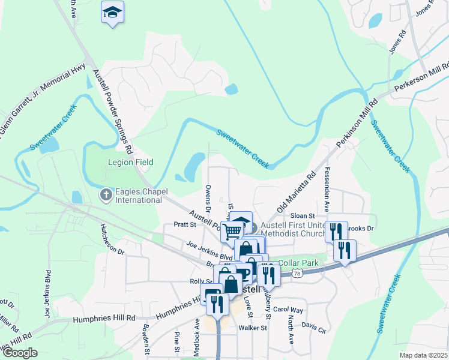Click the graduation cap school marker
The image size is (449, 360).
click(112, 12)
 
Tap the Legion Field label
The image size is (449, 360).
click(130, 162)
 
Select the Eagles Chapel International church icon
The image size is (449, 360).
click(106, 195)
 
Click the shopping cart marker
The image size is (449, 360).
click(232, 230)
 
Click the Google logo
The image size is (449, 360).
click(19, 353)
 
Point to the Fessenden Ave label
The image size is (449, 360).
click(327, 190)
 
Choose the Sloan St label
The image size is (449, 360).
click(303, 215)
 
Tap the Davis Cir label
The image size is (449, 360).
click(313, 327)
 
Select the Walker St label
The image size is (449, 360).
click(252, 328)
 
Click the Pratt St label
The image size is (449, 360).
click(185, 224)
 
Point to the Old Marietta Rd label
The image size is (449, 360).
click(296, 193)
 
